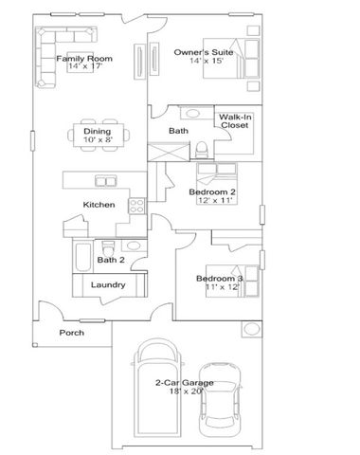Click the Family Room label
[x=83, y=59]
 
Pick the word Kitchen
[x=99, y=205]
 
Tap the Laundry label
[x=108, y=284]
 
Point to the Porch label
[x=72, y=333]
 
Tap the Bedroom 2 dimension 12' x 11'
[x=212, y=200]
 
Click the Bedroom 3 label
[x=220, y=278]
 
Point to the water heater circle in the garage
[x=251, y=329]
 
